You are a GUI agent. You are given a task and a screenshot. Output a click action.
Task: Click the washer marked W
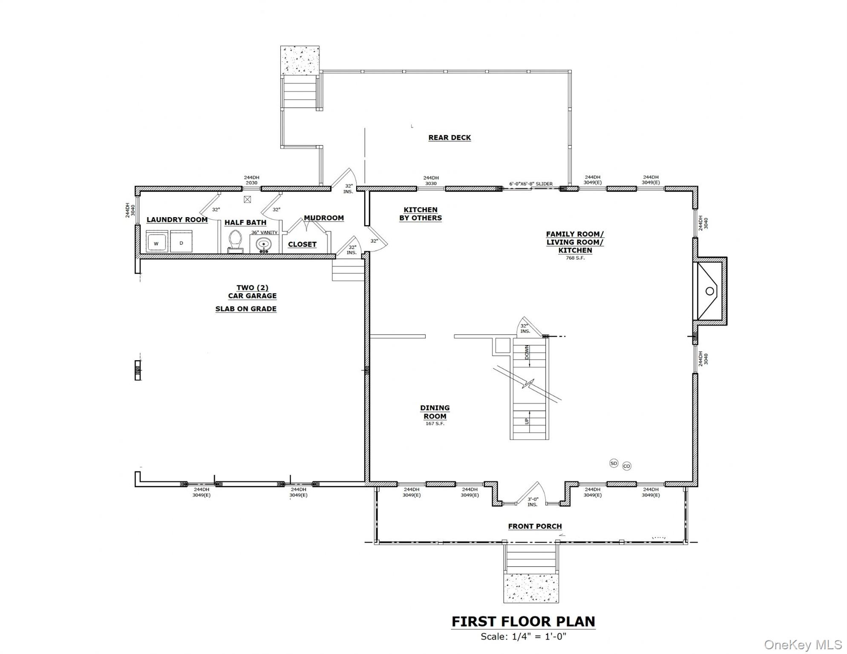156,243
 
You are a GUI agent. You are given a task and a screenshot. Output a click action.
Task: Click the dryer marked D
181,242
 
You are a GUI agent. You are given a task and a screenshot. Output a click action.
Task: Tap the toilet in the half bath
235,241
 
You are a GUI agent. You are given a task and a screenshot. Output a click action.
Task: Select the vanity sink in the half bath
264,244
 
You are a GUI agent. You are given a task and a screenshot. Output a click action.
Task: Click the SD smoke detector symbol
614,463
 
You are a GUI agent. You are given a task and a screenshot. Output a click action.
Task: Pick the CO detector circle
626,466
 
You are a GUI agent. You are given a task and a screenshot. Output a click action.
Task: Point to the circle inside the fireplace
710,291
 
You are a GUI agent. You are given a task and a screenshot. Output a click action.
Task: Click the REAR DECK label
449,138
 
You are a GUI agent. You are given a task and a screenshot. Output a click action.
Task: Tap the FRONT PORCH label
535,526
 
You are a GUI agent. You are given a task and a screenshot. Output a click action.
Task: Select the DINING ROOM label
435,412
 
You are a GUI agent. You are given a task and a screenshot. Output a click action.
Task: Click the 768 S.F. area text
575,258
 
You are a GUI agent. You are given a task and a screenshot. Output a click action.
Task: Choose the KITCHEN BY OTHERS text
420,214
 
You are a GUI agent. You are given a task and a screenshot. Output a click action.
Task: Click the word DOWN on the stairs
527,353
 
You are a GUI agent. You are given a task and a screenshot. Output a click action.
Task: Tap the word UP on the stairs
527,421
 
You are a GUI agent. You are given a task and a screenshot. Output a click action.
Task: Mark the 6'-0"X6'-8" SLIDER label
531,184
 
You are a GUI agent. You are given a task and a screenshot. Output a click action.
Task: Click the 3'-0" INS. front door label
533,502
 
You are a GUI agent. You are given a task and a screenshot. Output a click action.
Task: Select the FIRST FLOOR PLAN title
523,622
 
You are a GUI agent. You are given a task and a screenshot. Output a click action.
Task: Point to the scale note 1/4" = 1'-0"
523,637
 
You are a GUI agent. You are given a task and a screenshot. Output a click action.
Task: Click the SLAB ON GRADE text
246,309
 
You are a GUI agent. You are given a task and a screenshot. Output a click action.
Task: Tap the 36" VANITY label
264,232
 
